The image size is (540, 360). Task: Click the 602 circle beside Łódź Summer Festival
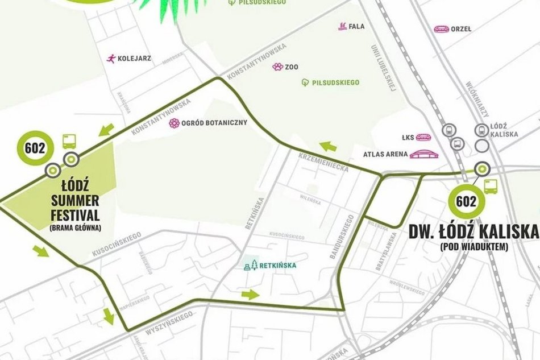click(35, 148)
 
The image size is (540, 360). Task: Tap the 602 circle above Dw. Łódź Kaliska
click(466, 201)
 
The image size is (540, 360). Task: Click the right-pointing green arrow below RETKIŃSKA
click(250, 294)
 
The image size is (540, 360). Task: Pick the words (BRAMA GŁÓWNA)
click(75, 228)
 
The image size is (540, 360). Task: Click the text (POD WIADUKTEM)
click(473, 247)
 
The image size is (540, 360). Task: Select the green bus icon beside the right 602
click(491, 186)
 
